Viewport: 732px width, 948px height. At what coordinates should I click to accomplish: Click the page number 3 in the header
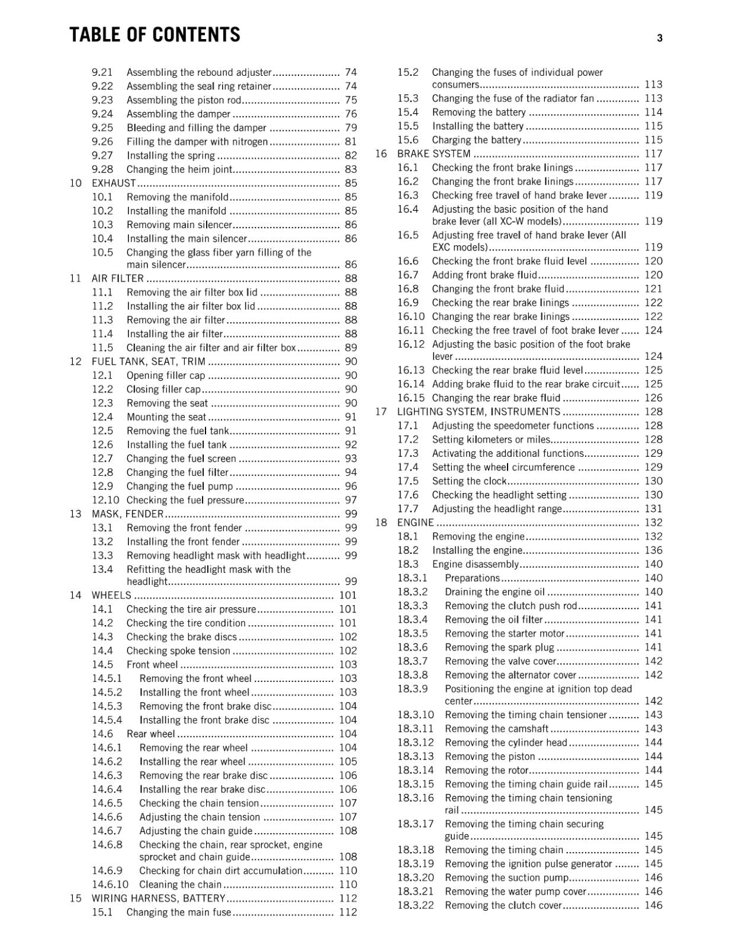point(659,39)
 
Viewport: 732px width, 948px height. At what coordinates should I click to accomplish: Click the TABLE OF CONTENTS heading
point(155,35)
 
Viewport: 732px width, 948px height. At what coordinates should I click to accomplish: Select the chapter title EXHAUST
point(114,183)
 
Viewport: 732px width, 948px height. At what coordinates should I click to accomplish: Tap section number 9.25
point(102,128)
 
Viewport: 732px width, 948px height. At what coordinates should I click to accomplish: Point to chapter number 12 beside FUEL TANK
point(75,361)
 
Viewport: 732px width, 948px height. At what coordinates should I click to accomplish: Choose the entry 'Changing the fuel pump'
point(179,486)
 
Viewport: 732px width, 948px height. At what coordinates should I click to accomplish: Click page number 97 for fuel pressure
point(351,501)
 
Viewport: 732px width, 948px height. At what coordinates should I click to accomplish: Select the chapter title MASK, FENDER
point(127,514)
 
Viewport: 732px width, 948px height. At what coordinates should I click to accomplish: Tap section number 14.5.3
point(107,706)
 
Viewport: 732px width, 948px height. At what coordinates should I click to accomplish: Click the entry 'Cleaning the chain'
point(180,885)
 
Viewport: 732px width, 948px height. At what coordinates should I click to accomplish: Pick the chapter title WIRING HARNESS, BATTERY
point(158,898)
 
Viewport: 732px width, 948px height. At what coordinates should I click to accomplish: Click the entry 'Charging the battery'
point(476,140)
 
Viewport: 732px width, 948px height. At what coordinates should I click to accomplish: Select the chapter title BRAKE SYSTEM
point(434,154)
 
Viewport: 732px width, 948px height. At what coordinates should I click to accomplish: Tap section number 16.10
point(411,317)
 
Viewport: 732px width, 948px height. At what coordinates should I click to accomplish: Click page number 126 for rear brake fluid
point(653,398)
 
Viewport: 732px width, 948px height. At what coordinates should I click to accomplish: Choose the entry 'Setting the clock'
point(469,481)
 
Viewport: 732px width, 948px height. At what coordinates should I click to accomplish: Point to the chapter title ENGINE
point(415,523)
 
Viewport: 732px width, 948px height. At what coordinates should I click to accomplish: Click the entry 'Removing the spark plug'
point(499,648)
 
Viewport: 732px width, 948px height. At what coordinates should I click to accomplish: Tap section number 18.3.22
point(415,905)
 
